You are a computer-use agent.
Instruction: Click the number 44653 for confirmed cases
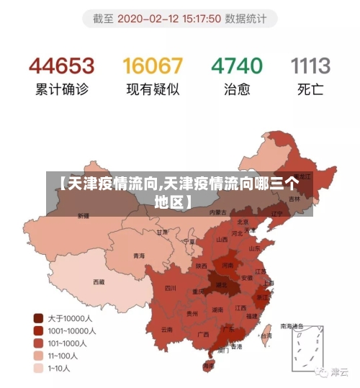click(x=61, y=66)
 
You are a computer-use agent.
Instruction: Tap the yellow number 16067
click(x=153, y=66)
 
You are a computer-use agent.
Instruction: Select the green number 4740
click(x=236, y=66)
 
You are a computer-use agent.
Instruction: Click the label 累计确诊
click(x=61, y=91)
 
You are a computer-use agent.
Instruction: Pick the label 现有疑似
click(x=153, y=91)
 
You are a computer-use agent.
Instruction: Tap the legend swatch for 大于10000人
click(x=38, y=317)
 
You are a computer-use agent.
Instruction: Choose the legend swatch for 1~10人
click(x=38, y=369)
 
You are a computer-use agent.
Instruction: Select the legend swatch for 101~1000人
click(x=38, y=343)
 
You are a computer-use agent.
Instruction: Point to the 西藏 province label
click(x=99, y=281)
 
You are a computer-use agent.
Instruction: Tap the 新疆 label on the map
click(x=84, y=215)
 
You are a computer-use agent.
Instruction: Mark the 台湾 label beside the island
click(x=266, y=335)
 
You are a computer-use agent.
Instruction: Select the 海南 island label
click(x=209, y=366)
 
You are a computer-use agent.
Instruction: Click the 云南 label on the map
click(x=166, y=330)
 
